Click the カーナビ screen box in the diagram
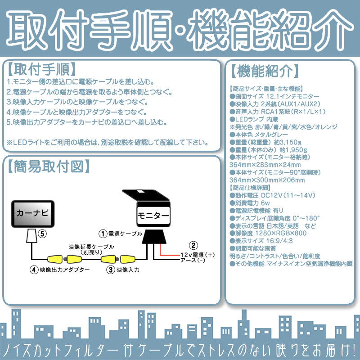pos(33,214)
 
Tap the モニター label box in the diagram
pos(153,216)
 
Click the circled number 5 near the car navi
pos(42,234)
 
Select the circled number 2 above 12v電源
pos(193,245)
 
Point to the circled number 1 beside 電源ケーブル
pos(103,234)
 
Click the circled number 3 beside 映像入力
pos(110,270)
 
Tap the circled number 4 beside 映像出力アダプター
pos(34,270)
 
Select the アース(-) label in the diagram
pos(193,261)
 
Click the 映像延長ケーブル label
pos(91,247)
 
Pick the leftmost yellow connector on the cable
pos(55,259)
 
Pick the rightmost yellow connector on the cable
pos(128,259)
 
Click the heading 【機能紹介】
pos(264,71)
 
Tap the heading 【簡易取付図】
pos(49,166)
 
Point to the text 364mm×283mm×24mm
pos(265,165)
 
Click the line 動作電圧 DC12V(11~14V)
pos(273,195)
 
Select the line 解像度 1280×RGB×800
pos(268,233)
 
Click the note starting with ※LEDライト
pos(108,143)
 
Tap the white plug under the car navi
pos(31,235)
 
